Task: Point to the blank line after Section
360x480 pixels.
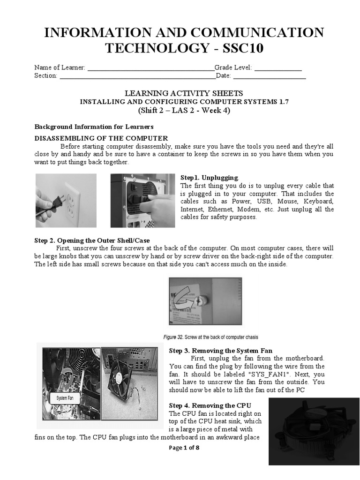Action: pos(136,76)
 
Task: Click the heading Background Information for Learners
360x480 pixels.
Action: pos(94,127)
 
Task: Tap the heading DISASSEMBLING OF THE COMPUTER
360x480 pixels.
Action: pos(101,138)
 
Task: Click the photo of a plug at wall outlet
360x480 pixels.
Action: pos(66,200)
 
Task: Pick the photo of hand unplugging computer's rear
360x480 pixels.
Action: pos(142,200)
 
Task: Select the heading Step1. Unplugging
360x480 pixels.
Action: pos(210,178)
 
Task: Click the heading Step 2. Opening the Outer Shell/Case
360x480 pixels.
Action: pos(92,240)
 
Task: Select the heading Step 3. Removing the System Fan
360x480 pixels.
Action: pos(220,351)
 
